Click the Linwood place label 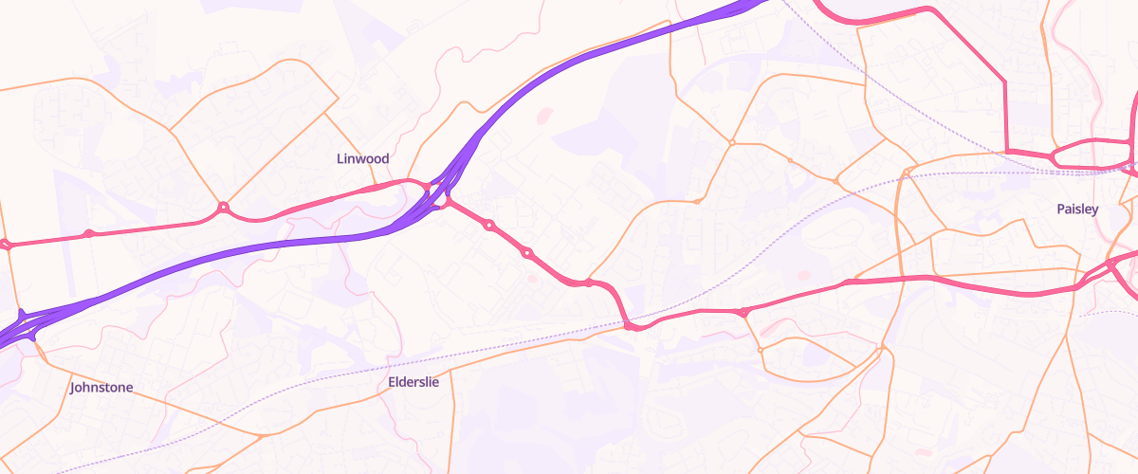pyautogui.click(x=363, y=158)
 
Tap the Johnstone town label pyautogui.click(x=101, y=387)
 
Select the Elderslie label pyautogui.click(x=413, y=382)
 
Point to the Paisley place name pyautogui.click(x=1077, y=209)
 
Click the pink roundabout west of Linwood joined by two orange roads pyautogui.click(x=224, y=207)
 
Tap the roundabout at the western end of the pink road pyautogui.click(x=6, y=245)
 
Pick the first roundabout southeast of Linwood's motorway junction pyautogui.click(x=489, y=226)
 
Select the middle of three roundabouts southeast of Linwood pyautogui.click(x=527, y=253)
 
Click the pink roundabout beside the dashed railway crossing pyautogui.click(x=629, y=326)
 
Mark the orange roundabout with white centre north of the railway pyautogui.click(x=731, y=143)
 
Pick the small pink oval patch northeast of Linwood pyautogui.click(x=544, y=117)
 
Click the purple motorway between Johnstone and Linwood pyautogui.click(x=237, y=250)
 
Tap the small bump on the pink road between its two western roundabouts pyautogui.click(x=89, y=233)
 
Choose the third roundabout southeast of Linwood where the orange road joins pyautogui.click(x=589, y=282)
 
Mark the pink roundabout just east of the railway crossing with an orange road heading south pyautogui.click(x=743, y=312)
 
